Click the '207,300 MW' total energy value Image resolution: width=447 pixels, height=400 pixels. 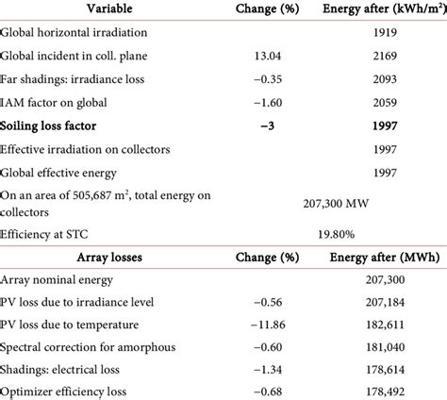317,201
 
